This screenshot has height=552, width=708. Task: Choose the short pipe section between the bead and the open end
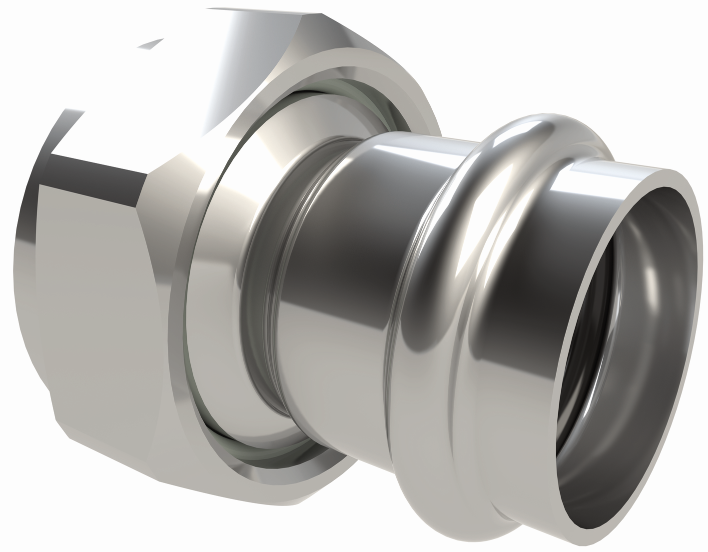[575, 200]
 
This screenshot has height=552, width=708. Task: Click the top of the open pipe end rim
[665, 172]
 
